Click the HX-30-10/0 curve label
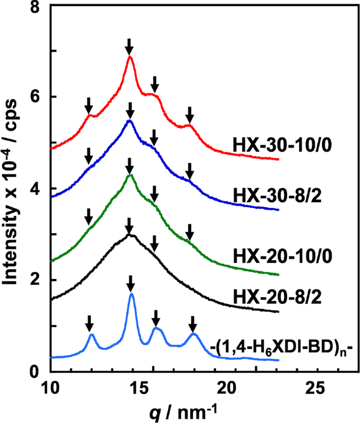click(x=282, y=146)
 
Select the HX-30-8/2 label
click(x=277, y=196)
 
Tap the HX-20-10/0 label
click(x=283, y=256)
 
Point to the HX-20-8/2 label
click(x=277, y=297)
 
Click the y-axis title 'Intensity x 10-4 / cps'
click(x=11, y=192)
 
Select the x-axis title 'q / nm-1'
click(x=183, y=412)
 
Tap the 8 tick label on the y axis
click(x=35, y=7)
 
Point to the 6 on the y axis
click(x=35, y=97)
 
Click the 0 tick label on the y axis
click(x=35, y=372)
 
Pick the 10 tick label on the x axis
click(x=51, y=389)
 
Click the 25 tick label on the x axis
click(x=316, y=389)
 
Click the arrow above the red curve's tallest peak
click(x=129, y=47)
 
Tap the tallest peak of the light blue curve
click(x=131, y=294)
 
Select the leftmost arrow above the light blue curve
click(x=89, y=323)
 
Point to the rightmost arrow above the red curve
click(x=190, y=115)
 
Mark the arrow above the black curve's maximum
click(x=129, y=226)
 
